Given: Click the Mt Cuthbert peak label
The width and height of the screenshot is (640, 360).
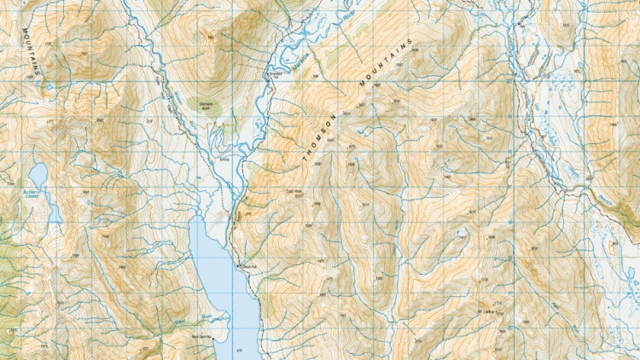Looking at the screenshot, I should [x=486, y=313].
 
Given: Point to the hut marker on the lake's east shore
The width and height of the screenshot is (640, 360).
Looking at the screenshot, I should [x=240, y=267].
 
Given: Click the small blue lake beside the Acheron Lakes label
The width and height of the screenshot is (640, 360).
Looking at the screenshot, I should [x=38, y=175].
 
